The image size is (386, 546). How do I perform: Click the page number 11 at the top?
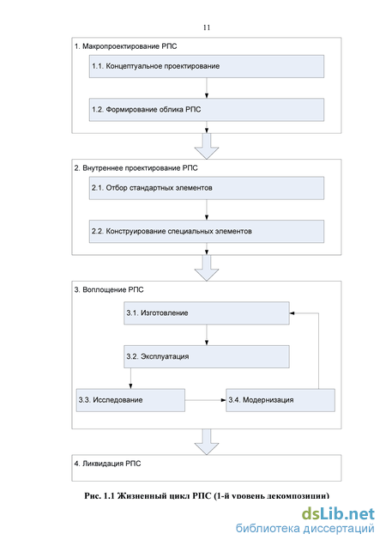pos(207,27)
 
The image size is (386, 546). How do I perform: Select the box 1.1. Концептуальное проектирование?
pos(207,66)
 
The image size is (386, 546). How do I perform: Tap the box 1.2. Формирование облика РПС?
pos(207,110)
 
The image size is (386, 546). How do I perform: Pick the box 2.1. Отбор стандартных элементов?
pos(207,188)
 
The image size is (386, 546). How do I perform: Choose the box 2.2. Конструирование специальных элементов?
pos(207,231)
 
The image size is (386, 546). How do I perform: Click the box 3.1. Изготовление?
pos(207,313)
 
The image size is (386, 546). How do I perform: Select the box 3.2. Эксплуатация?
pos(207,356)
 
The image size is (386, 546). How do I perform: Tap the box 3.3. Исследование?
pos(130,400)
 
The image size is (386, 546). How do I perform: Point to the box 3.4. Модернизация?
pos(280,400)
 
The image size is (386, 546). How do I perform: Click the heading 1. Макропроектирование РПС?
pos(125,46)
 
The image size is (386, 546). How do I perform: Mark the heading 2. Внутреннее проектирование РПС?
pos(136,168)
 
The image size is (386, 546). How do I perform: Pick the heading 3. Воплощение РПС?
pos(109,289)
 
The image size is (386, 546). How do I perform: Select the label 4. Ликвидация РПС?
pos(107,464)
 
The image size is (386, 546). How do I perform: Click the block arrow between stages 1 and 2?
pos(207,146)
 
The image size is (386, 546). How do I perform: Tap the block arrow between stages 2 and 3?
pos(207,268)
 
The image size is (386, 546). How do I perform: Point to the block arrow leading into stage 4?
pos(207,441)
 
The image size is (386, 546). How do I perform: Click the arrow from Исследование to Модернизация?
pos(205,400)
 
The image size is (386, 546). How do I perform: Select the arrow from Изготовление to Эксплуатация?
pos(207,335)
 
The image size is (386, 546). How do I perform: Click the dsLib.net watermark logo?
pos(338,513)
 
